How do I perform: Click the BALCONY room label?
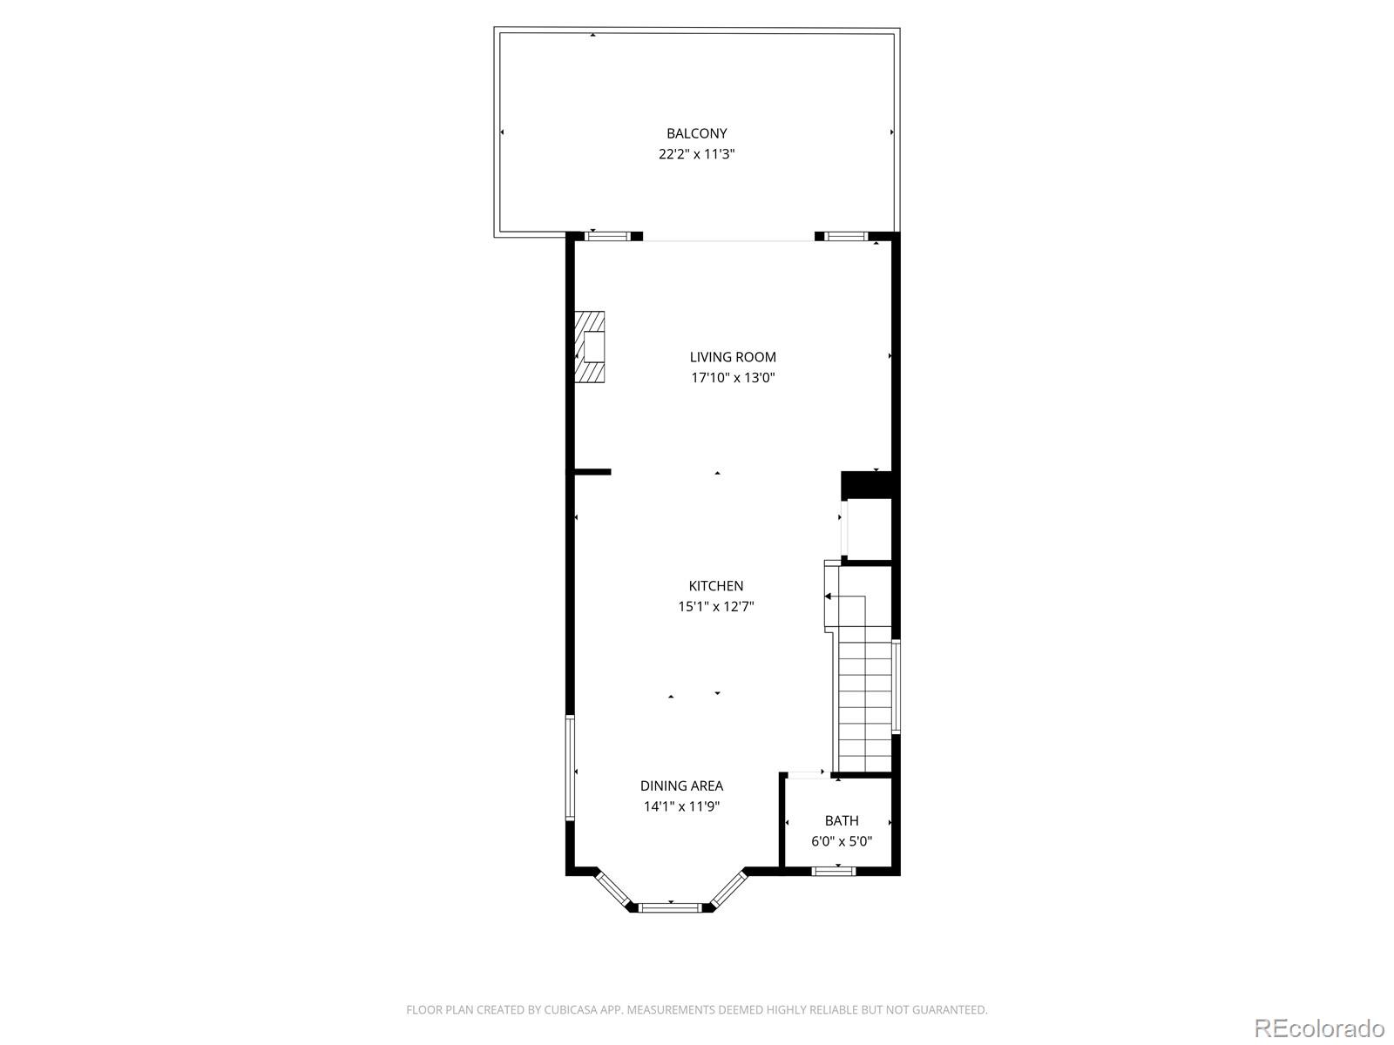[x=696, y=133]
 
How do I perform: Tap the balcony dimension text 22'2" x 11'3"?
[x=696, y=154]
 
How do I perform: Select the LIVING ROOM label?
[x=733, y=356]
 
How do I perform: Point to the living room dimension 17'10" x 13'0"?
[x=733, y=378]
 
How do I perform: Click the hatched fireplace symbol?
[x=590, y=347]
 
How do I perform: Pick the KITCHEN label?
[x=716, y=586]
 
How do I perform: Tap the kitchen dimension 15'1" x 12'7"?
[x=716, y=607]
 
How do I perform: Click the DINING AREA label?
[x=681, y=785]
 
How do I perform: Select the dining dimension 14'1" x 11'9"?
[x=681, y=806]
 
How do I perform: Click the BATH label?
[x=842, y=820]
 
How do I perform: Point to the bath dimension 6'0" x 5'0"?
[x=842, y=841]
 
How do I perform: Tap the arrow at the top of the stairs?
[x=829, y=597]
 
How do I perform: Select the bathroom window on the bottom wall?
[x=834, y=870]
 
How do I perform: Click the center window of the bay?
[x=670, y=907]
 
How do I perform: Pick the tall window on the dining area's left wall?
[x=570, y=768]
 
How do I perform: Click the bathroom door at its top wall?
[x=808, y=772]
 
